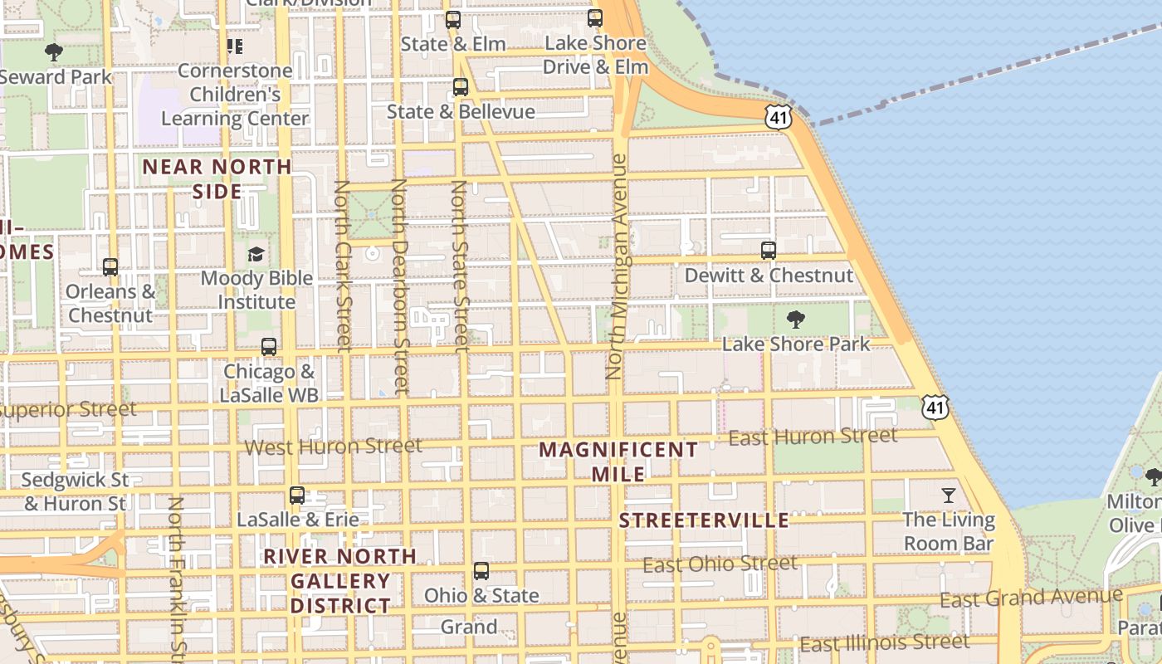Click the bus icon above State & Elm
(452, 20)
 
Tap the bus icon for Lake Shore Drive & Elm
(595, 18)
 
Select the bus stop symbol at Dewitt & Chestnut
(769, 250)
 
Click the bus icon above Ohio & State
(481, 571)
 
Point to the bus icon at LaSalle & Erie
(297, 496)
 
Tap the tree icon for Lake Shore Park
(795, 320)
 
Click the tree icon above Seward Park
(54, 52)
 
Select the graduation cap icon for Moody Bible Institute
(256, 254)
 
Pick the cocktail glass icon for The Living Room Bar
(949, 496)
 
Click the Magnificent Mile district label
(618, 461)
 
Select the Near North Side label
(217, 178)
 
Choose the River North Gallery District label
(340, 580)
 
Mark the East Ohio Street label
(720, 564)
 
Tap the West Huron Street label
(333, 447)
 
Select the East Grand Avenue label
(1031, 598)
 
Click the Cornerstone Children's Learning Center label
(235, 95)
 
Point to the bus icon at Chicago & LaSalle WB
(268, 347)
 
